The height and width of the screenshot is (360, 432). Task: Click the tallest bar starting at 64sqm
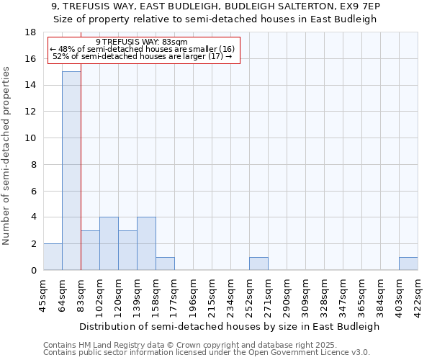[71, 171]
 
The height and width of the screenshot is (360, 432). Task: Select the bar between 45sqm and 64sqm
[53, 257]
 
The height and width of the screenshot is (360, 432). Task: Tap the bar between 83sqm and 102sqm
[90, 251]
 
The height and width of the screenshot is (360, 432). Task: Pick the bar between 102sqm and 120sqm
[109, 244]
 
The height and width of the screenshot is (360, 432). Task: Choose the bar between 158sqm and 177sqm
[165, 264]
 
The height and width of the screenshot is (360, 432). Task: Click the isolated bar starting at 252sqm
[258, 264]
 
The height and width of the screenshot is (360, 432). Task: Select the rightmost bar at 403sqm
[408, 264]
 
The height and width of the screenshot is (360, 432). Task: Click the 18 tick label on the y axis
[30, 32]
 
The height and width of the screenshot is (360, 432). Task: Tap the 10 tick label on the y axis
[30, 138]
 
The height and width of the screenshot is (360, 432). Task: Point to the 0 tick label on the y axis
[33, 271]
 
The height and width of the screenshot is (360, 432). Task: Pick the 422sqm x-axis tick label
[418, 295]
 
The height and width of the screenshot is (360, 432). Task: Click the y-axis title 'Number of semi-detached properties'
[7, 156]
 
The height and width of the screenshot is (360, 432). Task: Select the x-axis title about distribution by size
[229, 326]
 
